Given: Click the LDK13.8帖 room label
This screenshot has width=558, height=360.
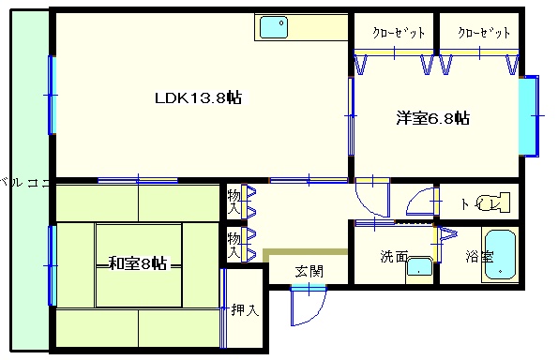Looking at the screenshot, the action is point(198,97).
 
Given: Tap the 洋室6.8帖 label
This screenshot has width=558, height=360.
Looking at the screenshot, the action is point(432,118).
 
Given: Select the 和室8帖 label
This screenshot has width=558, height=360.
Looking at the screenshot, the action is point(138,263).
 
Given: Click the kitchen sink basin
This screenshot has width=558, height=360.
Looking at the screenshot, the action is point(273,27).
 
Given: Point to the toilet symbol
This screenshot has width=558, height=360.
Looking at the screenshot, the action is point(493,202).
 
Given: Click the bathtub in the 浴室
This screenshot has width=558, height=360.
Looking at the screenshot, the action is point(501,254).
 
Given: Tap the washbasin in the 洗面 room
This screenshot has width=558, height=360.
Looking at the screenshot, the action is point(419,266).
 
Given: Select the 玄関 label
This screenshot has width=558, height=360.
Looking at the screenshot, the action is point(309,272).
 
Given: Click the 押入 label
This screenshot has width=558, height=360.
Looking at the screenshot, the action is point(245,309).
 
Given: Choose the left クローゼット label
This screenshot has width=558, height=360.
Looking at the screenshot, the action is point(399,33).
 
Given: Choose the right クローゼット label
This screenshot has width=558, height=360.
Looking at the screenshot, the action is point(484,33).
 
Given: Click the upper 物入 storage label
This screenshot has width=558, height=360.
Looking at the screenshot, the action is point(234,202).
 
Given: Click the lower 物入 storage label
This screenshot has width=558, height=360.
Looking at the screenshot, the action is point(234,245).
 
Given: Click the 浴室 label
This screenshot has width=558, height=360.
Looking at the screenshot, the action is point(479,257).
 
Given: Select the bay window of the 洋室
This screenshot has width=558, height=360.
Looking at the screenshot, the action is point(529,116).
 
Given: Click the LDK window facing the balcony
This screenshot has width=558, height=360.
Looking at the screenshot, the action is point(53,95).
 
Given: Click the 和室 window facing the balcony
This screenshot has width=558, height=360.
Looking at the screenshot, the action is point(53,265).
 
